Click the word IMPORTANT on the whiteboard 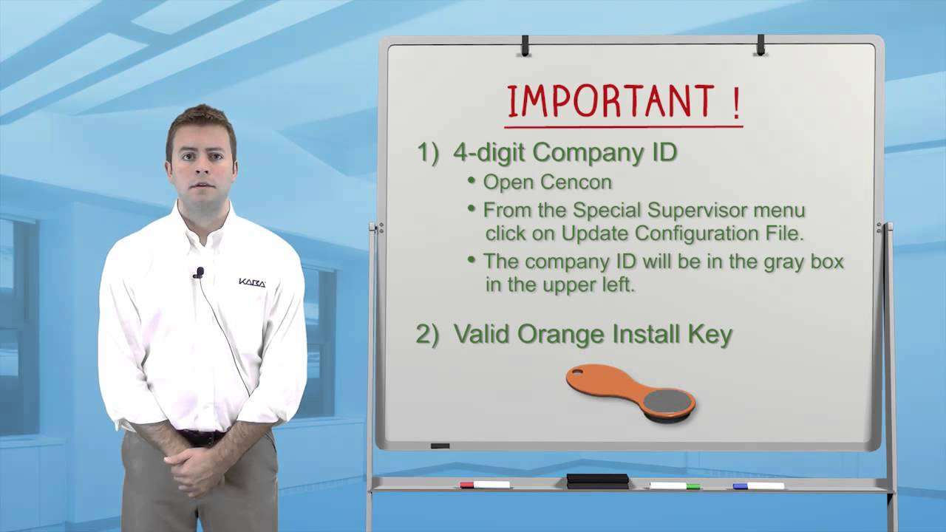tap(610, 102)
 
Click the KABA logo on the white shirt tap(252, 282)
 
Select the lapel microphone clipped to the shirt tap(198, 273)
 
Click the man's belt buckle tap(201, 437)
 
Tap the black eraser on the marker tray tap(597, 480)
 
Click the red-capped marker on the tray tap(485, 485)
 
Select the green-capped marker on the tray tap(675, 485)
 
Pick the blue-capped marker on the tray tap(758, 485)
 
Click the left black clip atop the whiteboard tap(525, 46)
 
